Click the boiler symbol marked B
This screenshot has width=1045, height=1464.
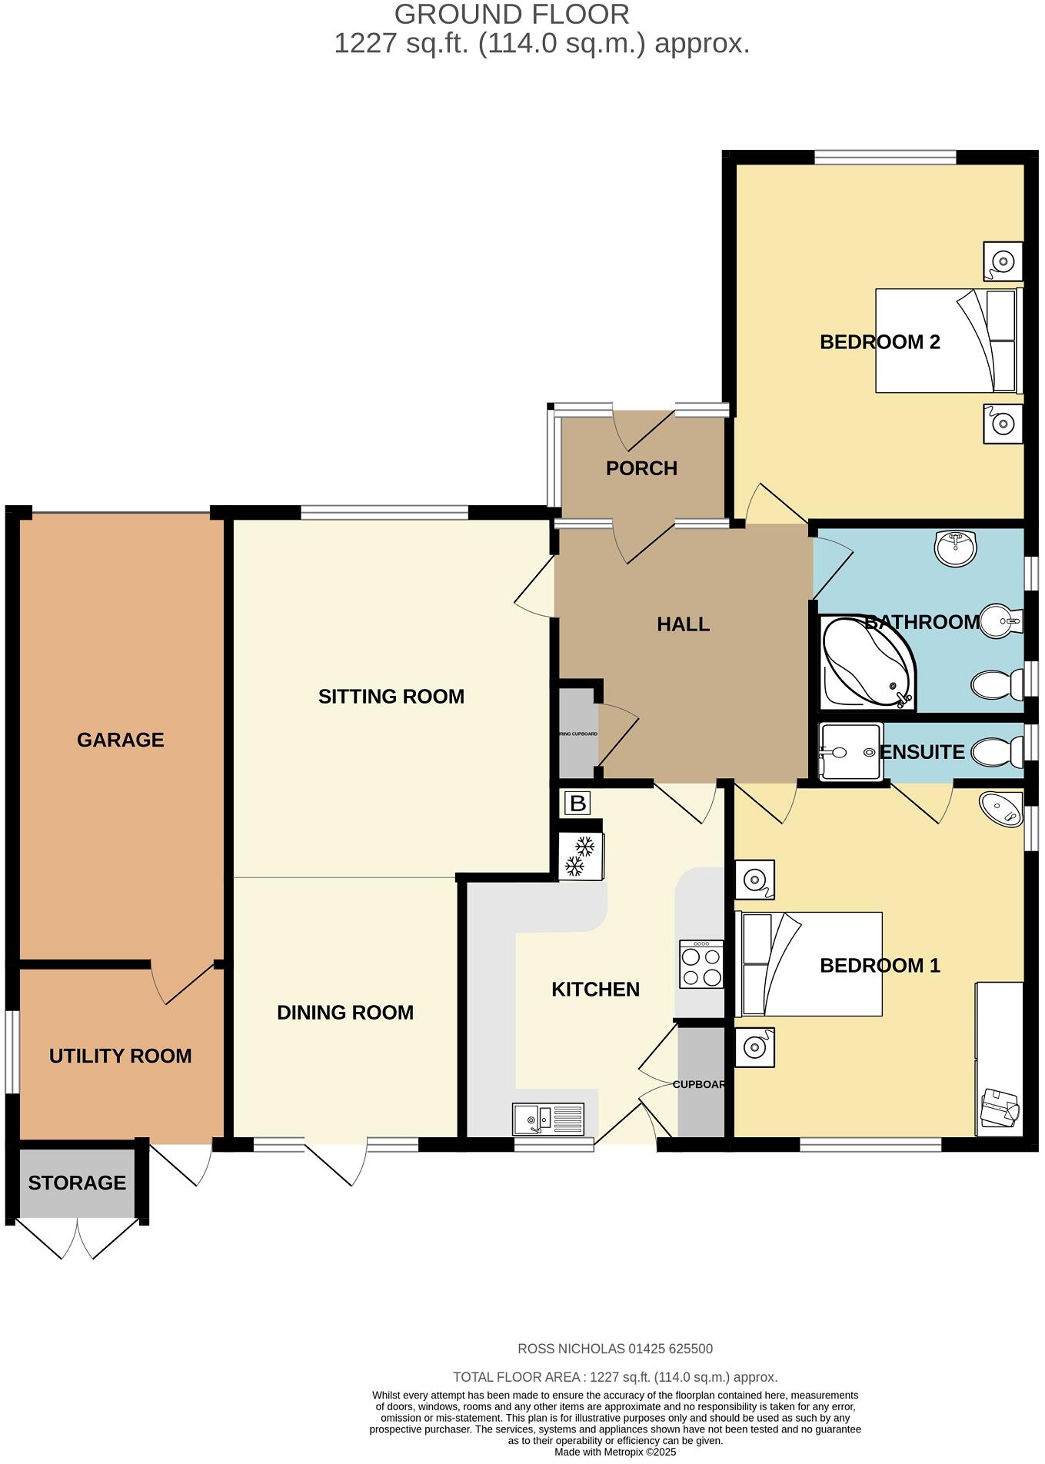pos(577,804)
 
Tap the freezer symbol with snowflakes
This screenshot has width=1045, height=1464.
pos(581,856)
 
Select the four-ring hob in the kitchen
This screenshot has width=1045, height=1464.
pos(701,964)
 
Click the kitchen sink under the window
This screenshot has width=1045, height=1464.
pos(548,1119)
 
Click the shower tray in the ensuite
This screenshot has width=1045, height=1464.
pos(850,751)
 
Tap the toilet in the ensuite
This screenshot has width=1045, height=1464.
pos(997,751)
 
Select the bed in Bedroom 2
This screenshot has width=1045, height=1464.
pos(947,340)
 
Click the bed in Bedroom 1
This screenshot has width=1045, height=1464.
pos(809,963)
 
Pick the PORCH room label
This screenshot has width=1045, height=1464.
pos(641,468)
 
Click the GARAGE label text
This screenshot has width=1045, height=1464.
pos(121,740)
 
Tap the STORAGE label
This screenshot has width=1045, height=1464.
pos(77,1183)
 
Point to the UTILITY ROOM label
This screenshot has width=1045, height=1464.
pos(121,1056)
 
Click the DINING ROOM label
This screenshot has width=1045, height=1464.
pos(345,1013)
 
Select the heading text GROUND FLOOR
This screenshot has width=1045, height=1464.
pos(511,14)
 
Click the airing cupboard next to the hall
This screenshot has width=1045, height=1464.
pos(577,734)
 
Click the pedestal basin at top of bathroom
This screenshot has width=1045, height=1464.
pos(955,547)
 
